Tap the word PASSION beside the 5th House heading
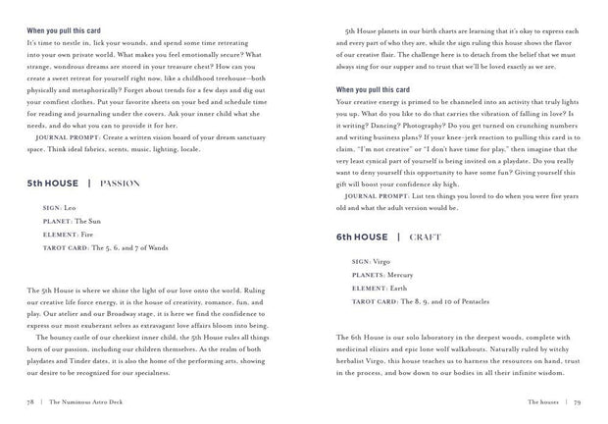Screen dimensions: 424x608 coord(119,183)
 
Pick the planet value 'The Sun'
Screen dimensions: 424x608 coord(90,222)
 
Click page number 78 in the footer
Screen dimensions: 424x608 coord(32,401)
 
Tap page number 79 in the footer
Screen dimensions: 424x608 coord(578,401)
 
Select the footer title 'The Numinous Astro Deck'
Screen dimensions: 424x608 coord(91,401)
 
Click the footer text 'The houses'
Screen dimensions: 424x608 coord(542,401)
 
